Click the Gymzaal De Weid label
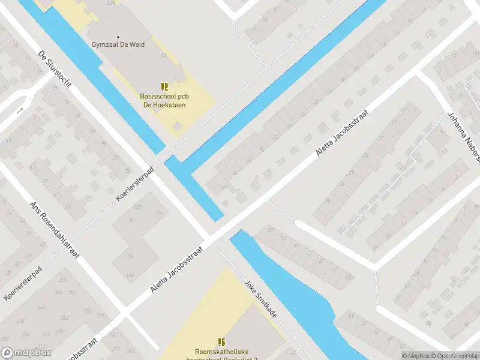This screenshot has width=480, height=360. [x=118, y=44]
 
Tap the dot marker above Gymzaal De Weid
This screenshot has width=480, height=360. [x=118, y=37]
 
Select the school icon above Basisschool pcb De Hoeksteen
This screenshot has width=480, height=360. [x=164, y=86]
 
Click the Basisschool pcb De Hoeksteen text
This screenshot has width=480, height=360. [x=163, y=100]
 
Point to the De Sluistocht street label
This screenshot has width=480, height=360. [x=55, y=69]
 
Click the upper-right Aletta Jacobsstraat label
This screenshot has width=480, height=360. [x=341, y=133]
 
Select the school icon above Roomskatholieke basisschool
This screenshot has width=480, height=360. [x=221, y=343]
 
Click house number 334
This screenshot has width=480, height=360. [x=62, y=280]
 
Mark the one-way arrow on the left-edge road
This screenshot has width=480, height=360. [x=20, y=110]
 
